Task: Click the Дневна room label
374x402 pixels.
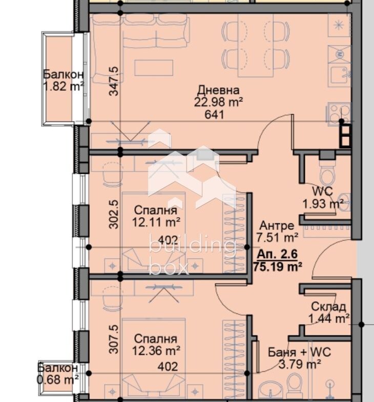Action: click(218, 90)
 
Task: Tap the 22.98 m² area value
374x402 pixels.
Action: click(218, 102)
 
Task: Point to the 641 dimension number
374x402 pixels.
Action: click(214, 115)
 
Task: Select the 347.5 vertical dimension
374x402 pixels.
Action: click(114, 81)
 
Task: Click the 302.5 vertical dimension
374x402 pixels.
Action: click(114, 215)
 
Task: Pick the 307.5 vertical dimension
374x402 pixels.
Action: click(114, 339)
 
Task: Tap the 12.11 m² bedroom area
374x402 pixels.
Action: click(156, 222)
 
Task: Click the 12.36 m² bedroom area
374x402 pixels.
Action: click(156, 351)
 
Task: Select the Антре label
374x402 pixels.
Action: click(277, 226)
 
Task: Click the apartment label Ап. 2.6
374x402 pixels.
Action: click(277, 254)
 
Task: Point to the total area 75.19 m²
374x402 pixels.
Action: click(278, 267)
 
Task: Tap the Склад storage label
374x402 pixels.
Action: click(328, 307)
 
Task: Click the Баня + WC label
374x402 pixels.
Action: click(299, 352)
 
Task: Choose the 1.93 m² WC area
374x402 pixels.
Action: click(323, 204)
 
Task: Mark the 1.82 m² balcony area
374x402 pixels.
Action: click(64, 87)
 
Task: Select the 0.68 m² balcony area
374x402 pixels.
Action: click(58, 379)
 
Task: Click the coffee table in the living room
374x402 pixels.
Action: click(154, 68)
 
